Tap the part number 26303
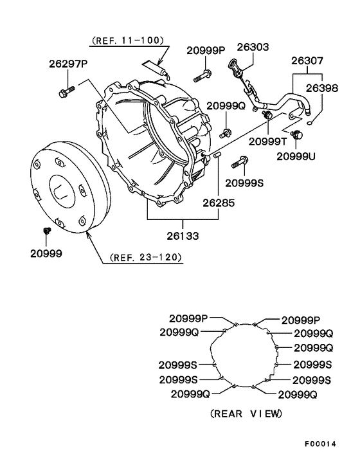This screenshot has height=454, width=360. click(253, 47)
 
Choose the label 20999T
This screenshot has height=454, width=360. click(267, 141)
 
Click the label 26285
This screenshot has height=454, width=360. click(221, 201)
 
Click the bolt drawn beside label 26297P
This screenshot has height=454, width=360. click(66, 91)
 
